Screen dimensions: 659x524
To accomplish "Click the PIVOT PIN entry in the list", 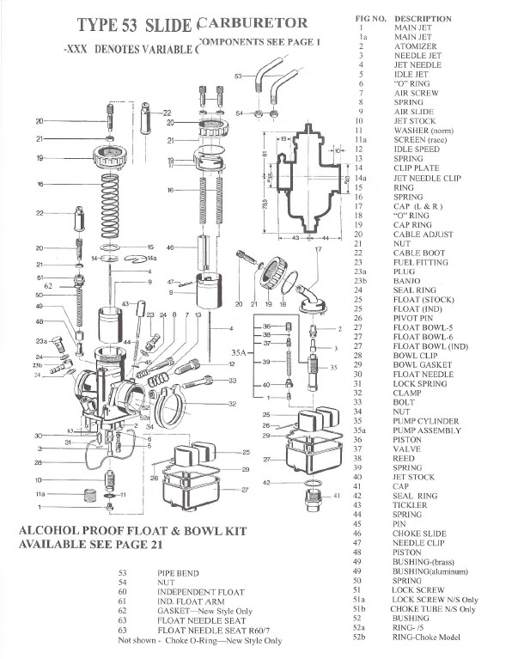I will pos(415,318).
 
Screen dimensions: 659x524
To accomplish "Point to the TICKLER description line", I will pos(411,505).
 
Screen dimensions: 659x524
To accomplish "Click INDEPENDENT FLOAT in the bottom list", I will pos(200,592).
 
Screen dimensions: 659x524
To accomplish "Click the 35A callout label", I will pos(240,352).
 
